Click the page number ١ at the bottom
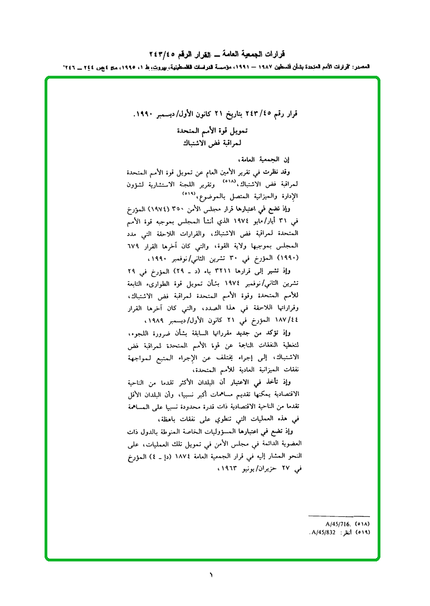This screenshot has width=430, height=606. (211, 574)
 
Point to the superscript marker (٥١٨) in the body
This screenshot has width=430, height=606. (229, 181)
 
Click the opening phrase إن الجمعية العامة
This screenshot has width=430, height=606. (270, 159)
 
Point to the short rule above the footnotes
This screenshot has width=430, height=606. (339, 516)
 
